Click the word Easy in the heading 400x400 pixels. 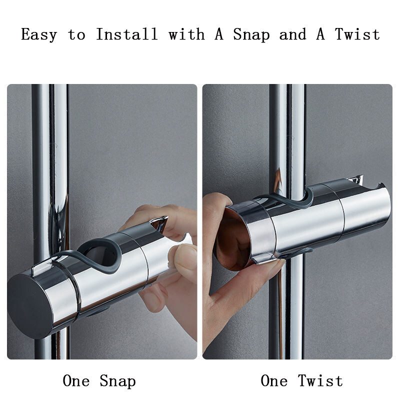pyautogui.click(x=38, y=34)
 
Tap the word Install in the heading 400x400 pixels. pyautogui.click(x=126, y=34)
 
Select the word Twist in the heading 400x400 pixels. pyautogui.click(x=357, y=34)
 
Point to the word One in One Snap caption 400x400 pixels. pyautogui.click(x=76, y=381)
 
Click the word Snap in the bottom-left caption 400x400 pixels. pyautogui.click(x=117, y=381)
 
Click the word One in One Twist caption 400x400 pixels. pyautogui.click(x=274, y=381)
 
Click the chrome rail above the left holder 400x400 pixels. pyautogui.click(x=49, y=150)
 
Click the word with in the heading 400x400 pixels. pyautogui.click(x=186, y=34)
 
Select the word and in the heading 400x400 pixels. pyautogui.click(x=292, y=34)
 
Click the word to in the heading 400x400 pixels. pyautogui.click(x=76, y=34)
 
